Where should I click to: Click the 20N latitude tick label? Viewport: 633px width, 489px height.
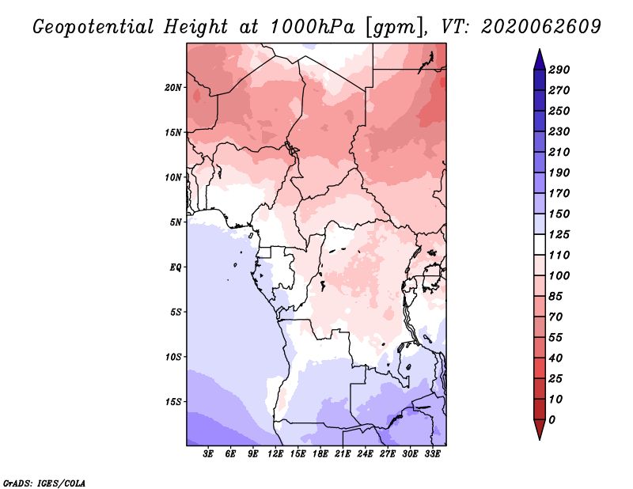point(173,88)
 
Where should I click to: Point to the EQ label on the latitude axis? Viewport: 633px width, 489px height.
point(175,267)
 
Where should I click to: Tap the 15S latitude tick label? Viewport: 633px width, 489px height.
point(173,402)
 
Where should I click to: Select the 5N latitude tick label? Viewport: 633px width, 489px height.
point(176,222)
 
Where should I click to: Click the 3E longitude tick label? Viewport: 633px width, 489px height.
point(208,454)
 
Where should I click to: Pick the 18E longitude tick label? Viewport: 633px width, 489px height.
point(320,454)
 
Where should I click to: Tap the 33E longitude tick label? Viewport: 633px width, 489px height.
point(432,454)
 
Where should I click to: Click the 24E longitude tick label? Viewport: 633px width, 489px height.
point(365,454)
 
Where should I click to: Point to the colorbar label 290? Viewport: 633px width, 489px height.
point(559,70)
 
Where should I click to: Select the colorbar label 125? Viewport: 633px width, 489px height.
point(559,234)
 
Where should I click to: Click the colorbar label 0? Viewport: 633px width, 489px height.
point(552,420)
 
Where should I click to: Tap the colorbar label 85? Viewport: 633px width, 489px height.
point(556,297)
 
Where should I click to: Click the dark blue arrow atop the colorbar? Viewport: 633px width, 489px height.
point(540,60)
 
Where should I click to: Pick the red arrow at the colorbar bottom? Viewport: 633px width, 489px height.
point(540,430)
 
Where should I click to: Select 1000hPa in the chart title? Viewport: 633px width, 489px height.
point(313,27)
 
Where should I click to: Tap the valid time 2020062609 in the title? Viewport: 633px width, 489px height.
point(541,27)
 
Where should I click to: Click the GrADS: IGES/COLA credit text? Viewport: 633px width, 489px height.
point(44,483)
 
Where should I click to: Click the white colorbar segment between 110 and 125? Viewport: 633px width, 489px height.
point(540,244)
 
